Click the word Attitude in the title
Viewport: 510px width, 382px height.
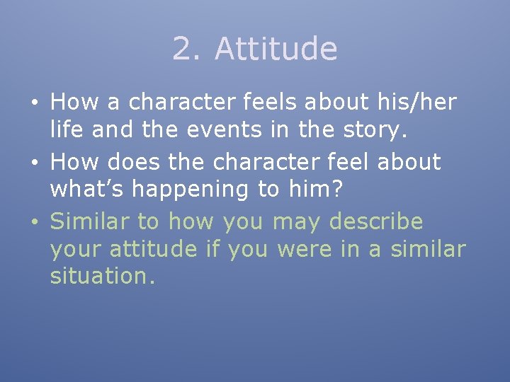click(x=276, y=50)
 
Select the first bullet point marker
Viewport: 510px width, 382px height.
click(x=34, y=103)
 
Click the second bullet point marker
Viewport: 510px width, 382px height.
click(x=34, y=163)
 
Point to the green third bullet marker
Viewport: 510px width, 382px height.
click(x=34, y=222)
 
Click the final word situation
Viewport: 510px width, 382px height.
click(x=102, y=277)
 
